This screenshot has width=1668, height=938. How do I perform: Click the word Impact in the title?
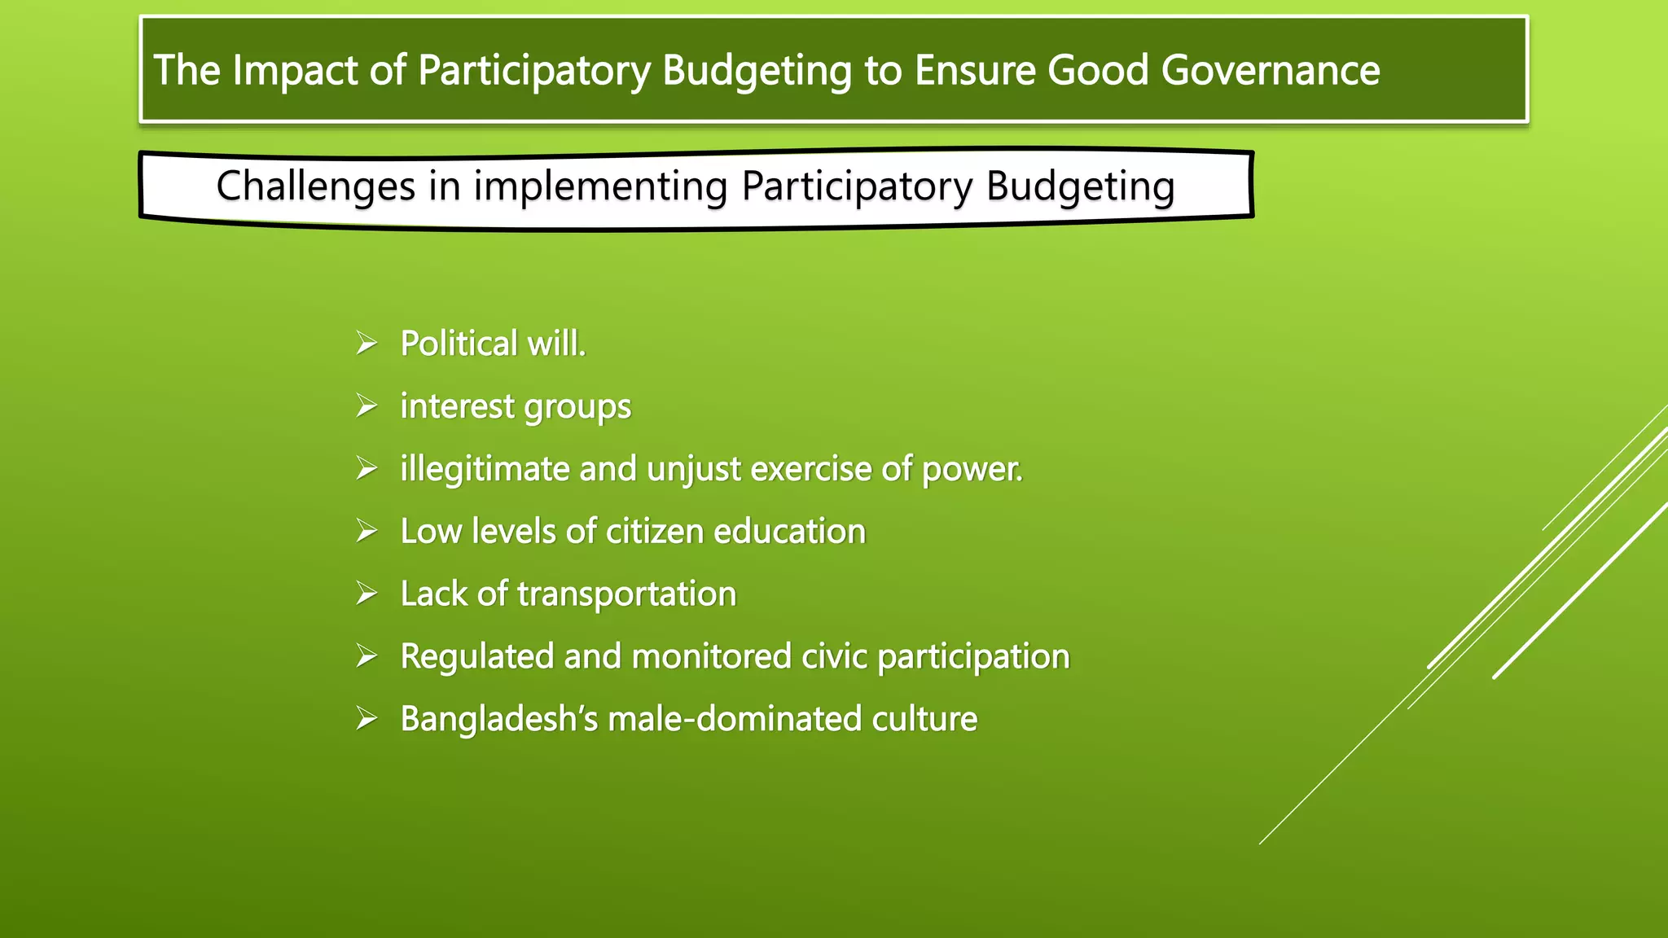295,70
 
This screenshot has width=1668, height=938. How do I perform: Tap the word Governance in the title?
1271,70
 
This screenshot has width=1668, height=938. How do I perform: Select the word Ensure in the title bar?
976,70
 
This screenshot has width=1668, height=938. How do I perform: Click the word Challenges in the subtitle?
316,186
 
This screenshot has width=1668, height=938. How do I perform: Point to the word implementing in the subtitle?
601,186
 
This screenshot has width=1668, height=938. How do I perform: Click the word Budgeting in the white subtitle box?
1080,186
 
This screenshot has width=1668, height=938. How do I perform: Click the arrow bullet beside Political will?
367,344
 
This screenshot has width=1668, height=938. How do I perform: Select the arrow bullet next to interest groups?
367,406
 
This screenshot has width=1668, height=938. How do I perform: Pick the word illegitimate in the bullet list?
485,470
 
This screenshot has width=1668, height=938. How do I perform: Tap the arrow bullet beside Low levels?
367,532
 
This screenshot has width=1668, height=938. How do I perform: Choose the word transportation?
626,594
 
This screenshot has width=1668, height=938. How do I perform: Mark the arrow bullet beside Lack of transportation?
367,594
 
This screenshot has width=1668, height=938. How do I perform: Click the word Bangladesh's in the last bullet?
499,720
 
